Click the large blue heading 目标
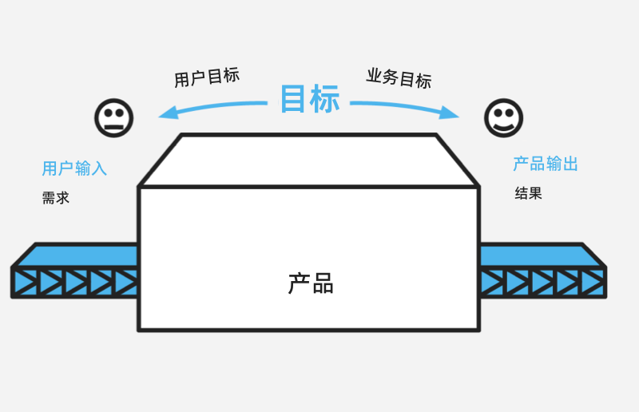(310, 99)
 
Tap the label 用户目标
(207, 77)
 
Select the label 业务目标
(399, 78)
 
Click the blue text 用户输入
(74, 168)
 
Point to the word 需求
(56, 198)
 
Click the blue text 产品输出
(546, 164)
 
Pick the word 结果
(529, 193)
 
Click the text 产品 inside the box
(311, 283)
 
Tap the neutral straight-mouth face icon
(114, 118)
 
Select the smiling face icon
(504, 118)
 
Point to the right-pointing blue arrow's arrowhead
(450, 113)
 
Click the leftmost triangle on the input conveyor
(25, 282)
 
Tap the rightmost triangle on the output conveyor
(593, 282)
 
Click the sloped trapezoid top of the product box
(308, 160)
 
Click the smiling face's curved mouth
(504, 128)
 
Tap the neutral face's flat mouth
(114, 127)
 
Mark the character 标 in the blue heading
(325, 99)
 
